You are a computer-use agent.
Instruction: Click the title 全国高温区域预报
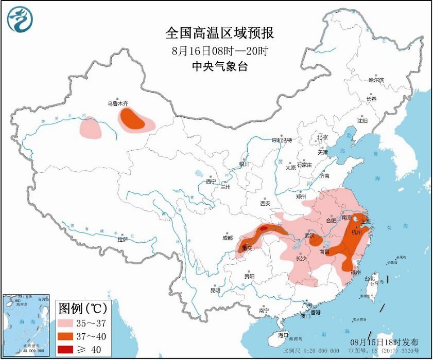point(220,33)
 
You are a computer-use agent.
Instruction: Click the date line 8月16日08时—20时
point(220,51)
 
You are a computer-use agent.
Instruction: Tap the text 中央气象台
point(220,66)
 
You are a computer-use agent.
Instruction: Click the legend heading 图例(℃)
point(82,309)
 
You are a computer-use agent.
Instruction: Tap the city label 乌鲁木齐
point(117,103)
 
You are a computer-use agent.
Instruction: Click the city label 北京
point(322,137)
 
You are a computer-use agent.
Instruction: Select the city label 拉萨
point(122,239)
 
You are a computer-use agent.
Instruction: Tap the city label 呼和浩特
point(282,140)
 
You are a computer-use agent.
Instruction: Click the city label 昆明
point(215,291)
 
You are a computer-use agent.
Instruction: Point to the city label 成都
point(227,238)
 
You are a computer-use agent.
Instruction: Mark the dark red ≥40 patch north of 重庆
point(263,227)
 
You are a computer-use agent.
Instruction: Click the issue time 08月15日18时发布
point(384,342)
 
